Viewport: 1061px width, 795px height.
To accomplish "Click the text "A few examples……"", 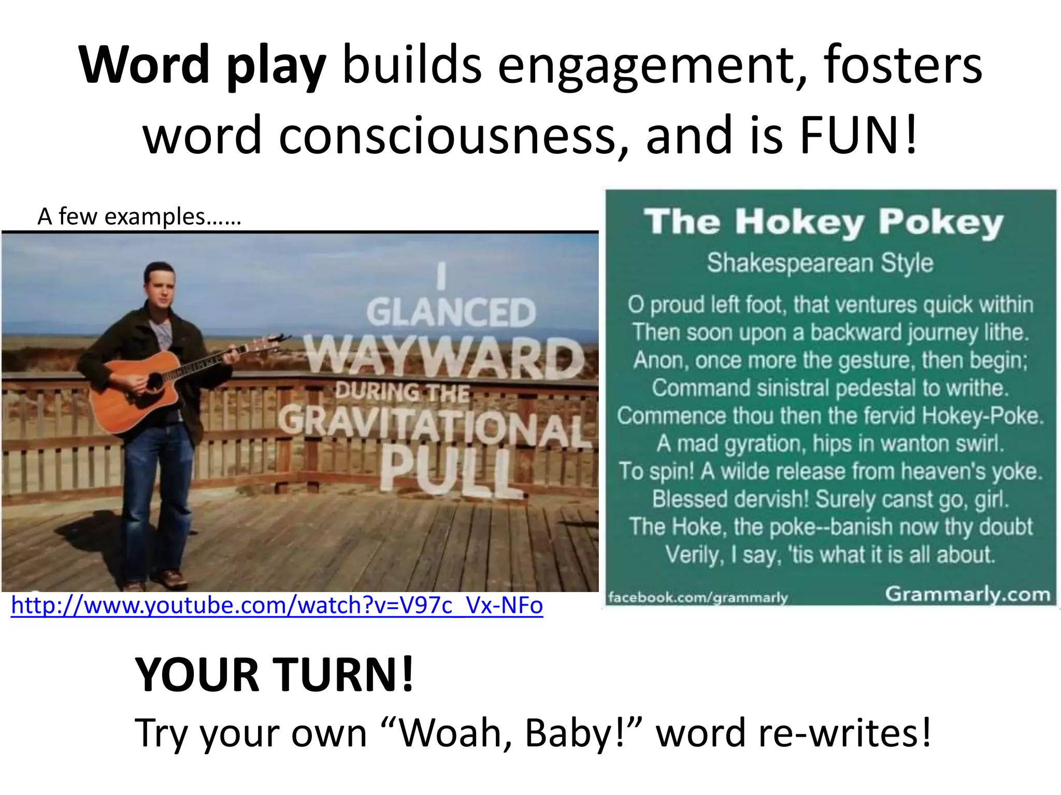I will click(x=139, y=216).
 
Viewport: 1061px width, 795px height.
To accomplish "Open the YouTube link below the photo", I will click(x=277, y=605).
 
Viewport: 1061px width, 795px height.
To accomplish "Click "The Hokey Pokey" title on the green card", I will click(x=824, y=223).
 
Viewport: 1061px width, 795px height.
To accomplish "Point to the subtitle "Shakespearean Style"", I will click(x=820, y=263).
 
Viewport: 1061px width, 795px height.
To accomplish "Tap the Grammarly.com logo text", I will click(x=967, y=594).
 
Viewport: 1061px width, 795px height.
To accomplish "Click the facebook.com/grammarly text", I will click(x=698, y=598).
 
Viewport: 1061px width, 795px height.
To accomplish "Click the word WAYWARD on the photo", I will click(x=443, y=357).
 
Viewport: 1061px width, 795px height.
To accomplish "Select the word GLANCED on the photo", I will click(x=451, y=313).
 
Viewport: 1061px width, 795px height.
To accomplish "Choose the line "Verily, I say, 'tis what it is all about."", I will click(x=830, y=554).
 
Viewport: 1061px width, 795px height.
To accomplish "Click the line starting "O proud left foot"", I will click(x=830, y=304).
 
